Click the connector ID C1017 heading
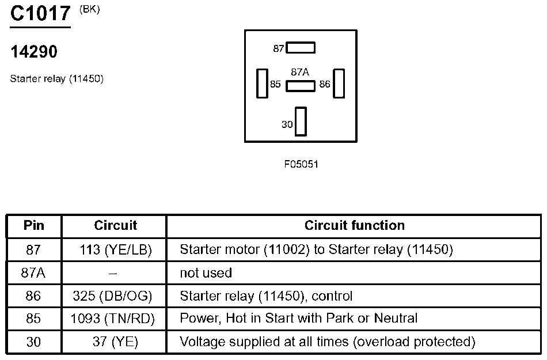pos(40,13)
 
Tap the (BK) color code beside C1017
pos(90,9)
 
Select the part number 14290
pos(34,52)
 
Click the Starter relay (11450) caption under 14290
pos(57,79)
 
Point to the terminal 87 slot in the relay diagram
pos(301,48)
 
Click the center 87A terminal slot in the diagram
pos(301,86)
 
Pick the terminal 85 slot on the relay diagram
pos(263,84)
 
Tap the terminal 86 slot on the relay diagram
pos(339,84)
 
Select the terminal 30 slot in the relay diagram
pos(301,122)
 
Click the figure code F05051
pos(301,164)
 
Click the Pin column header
pos(34,225)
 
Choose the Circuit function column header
pos(355,225)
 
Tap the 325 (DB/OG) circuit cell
pos(112,296)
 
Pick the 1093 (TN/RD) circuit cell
pos(113,319)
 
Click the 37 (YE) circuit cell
pos(116,342)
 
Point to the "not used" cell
pos(206,273)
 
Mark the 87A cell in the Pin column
pos(33,273)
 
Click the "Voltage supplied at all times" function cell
pos(328,342)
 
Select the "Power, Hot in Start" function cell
pos(299,318)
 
